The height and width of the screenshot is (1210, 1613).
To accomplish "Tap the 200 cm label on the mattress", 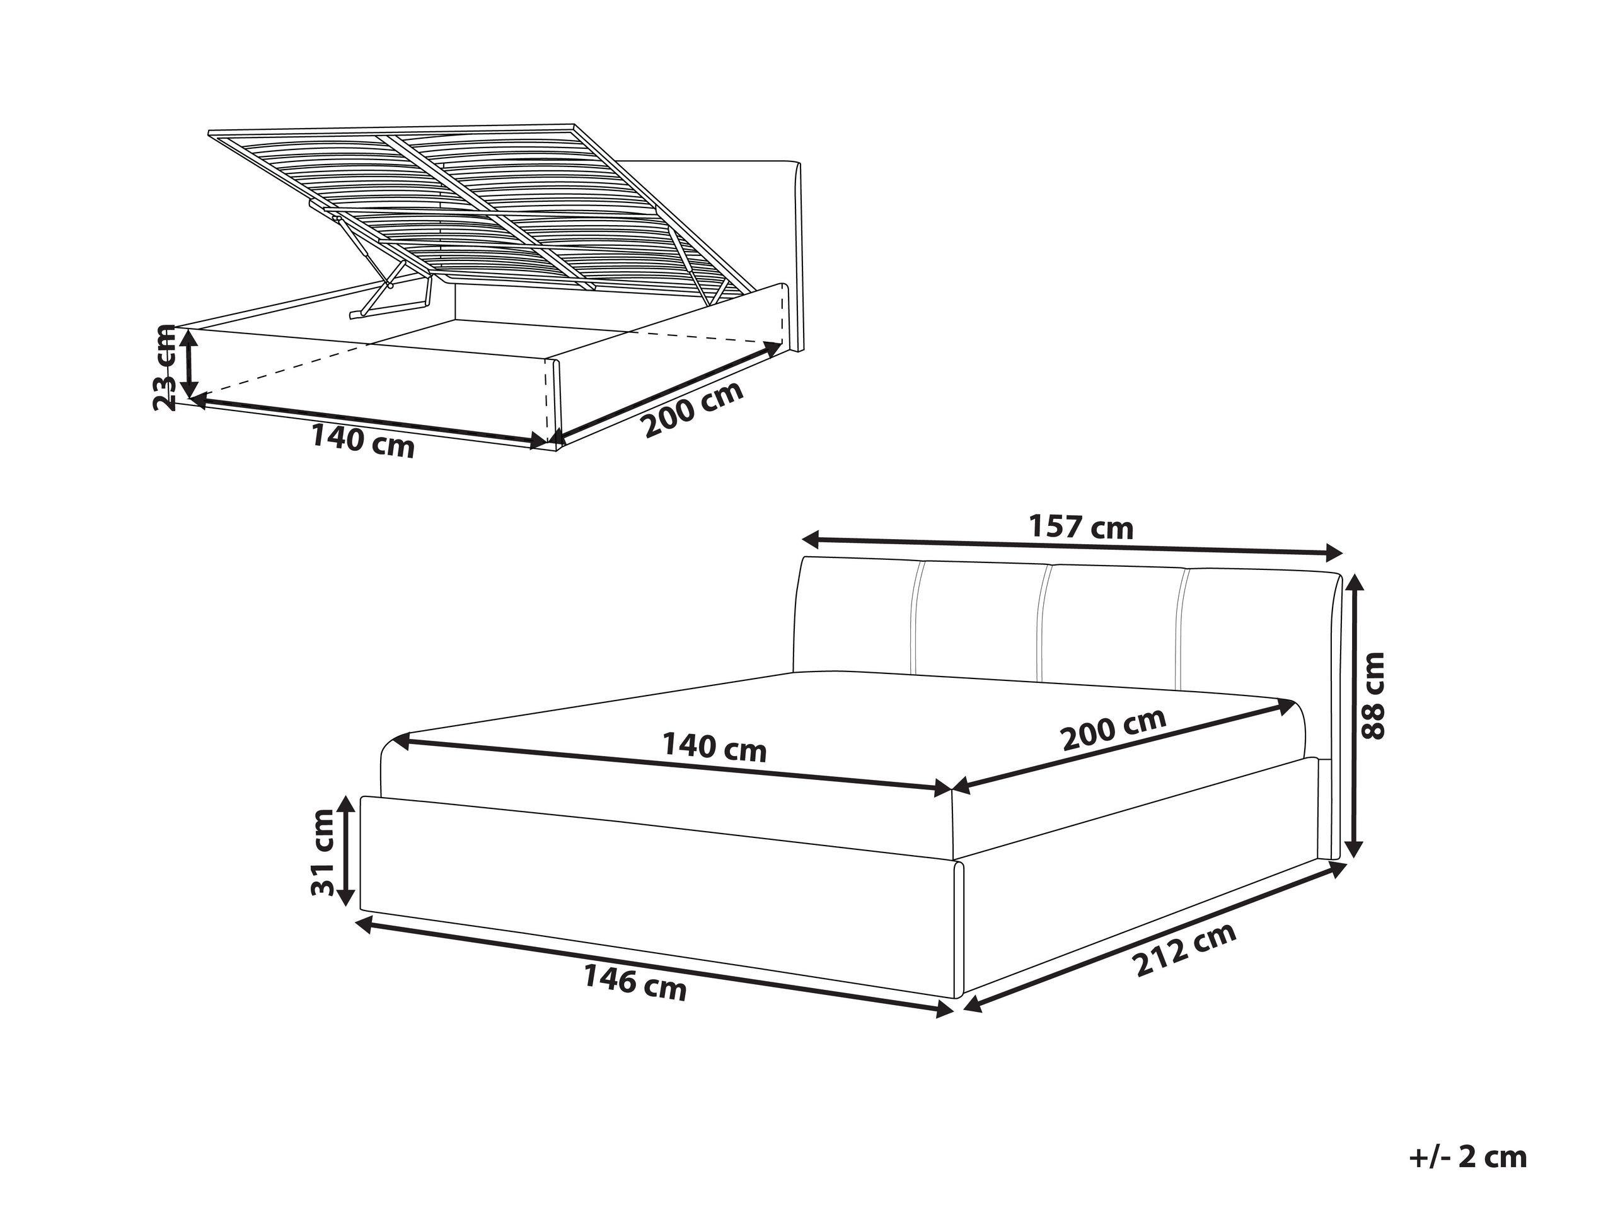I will coord(1114,730).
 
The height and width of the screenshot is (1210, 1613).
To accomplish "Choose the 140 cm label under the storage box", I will coord(362,441).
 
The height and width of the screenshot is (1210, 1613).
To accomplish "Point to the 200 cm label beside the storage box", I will coord(693,409).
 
